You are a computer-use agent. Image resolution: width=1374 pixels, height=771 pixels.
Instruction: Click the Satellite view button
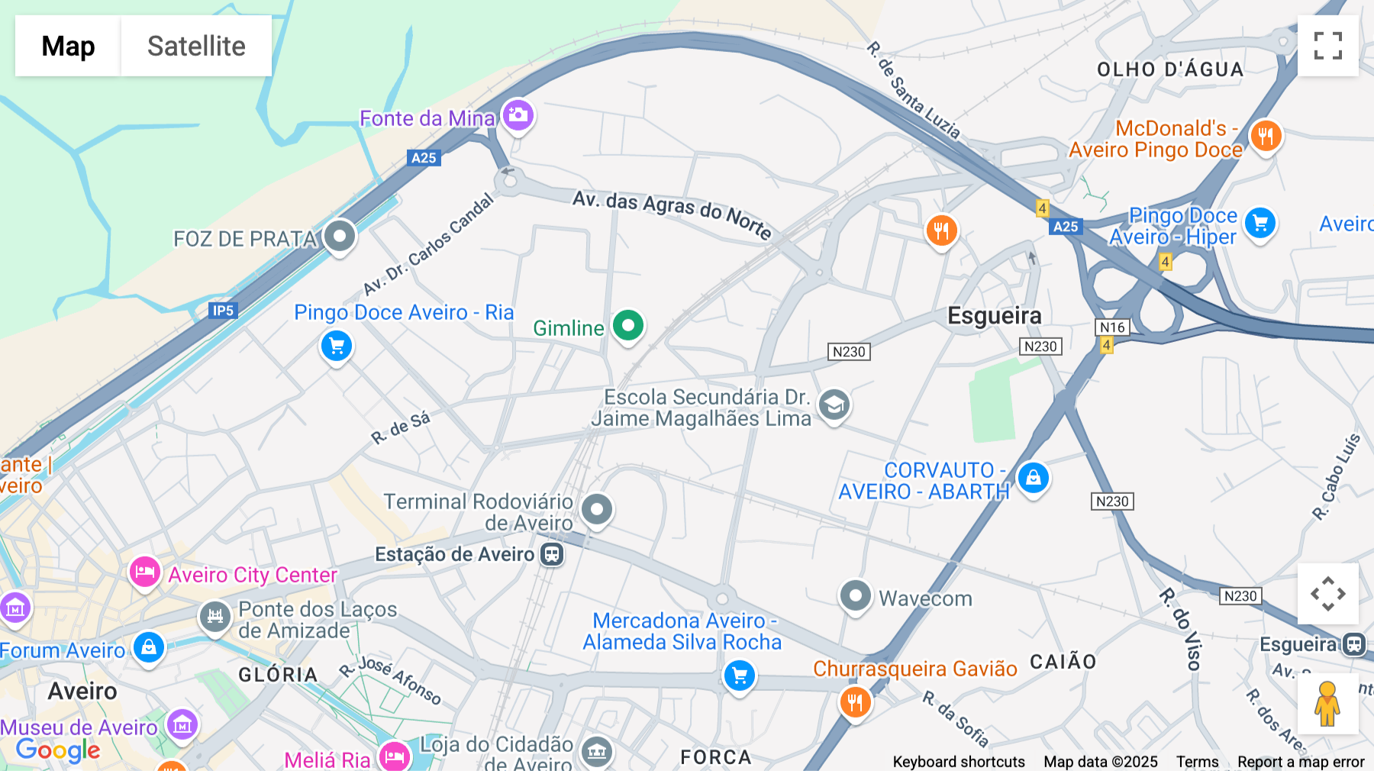[x=196, y=46]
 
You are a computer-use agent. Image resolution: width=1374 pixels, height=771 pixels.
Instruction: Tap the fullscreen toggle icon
[x=1327, y=46]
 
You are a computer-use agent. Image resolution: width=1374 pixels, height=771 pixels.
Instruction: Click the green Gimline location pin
[x=627, y=326]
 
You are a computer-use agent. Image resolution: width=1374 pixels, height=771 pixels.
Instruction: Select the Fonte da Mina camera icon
[x=518, y=115]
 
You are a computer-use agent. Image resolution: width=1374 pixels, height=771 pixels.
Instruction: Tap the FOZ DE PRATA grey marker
[x=340, y=236]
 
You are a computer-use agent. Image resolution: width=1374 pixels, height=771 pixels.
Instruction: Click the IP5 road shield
[x=223, y=311]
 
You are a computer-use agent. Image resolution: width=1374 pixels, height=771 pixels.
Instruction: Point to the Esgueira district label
[x=994, y=315]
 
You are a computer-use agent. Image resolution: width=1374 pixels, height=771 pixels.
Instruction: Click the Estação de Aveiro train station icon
[x=552, y=554]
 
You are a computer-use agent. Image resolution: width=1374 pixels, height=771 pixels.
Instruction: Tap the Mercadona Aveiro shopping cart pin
[x=739, y=676]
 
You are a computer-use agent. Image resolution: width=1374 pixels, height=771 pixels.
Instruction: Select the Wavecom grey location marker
[x=855, y=595]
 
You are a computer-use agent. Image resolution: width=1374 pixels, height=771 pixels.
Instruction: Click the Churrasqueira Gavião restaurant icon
[x=855, y=702]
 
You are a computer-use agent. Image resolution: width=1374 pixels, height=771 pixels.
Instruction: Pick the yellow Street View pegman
[x=1327, y=704]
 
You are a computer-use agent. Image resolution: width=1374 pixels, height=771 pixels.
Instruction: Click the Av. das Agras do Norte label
[x=672, y=214]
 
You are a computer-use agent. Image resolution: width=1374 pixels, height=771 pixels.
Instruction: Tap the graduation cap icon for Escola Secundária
[x=834, y=405]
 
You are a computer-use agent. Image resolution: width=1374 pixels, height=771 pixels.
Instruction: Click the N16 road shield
[x=1112, y=327]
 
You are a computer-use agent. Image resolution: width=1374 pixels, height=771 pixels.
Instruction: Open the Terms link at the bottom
[x=1197, y=762]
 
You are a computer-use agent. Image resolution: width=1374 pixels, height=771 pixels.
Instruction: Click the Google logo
[x=58, y=750]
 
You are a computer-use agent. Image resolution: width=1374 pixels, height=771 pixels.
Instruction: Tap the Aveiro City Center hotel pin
[x=144, y=573]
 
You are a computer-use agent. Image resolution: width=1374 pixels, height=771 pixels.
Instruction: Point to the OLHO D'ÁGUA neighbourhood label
[x=1169, y=69]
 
